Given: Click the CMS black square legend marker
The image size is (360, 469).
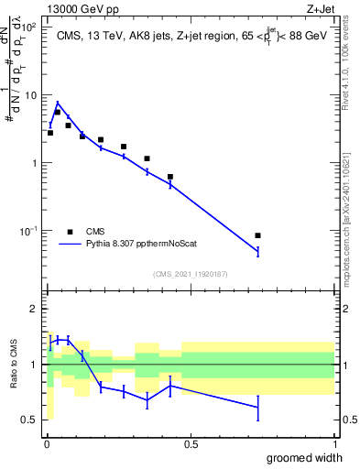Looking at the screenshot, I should click(x=70, y=232).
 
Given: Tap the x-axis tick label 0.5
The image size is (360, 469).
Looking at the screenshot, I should click(x=191, y=443).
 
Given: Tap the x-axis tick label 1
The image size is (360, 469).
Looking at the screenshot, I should click(x=334, y=443).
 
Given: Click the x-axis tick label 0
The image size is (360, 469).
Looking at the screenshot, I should click(x=47, y=443).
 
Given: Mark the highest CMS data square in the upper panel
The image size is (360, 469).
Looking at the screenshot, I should click(x=58, y=112).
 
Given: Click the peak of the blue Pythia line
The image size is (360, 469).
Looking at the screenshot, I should click(x=58, y=103).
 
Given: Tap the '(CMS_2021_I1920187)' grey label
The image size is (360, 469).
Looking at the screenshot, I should click(x=191, y=273).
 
